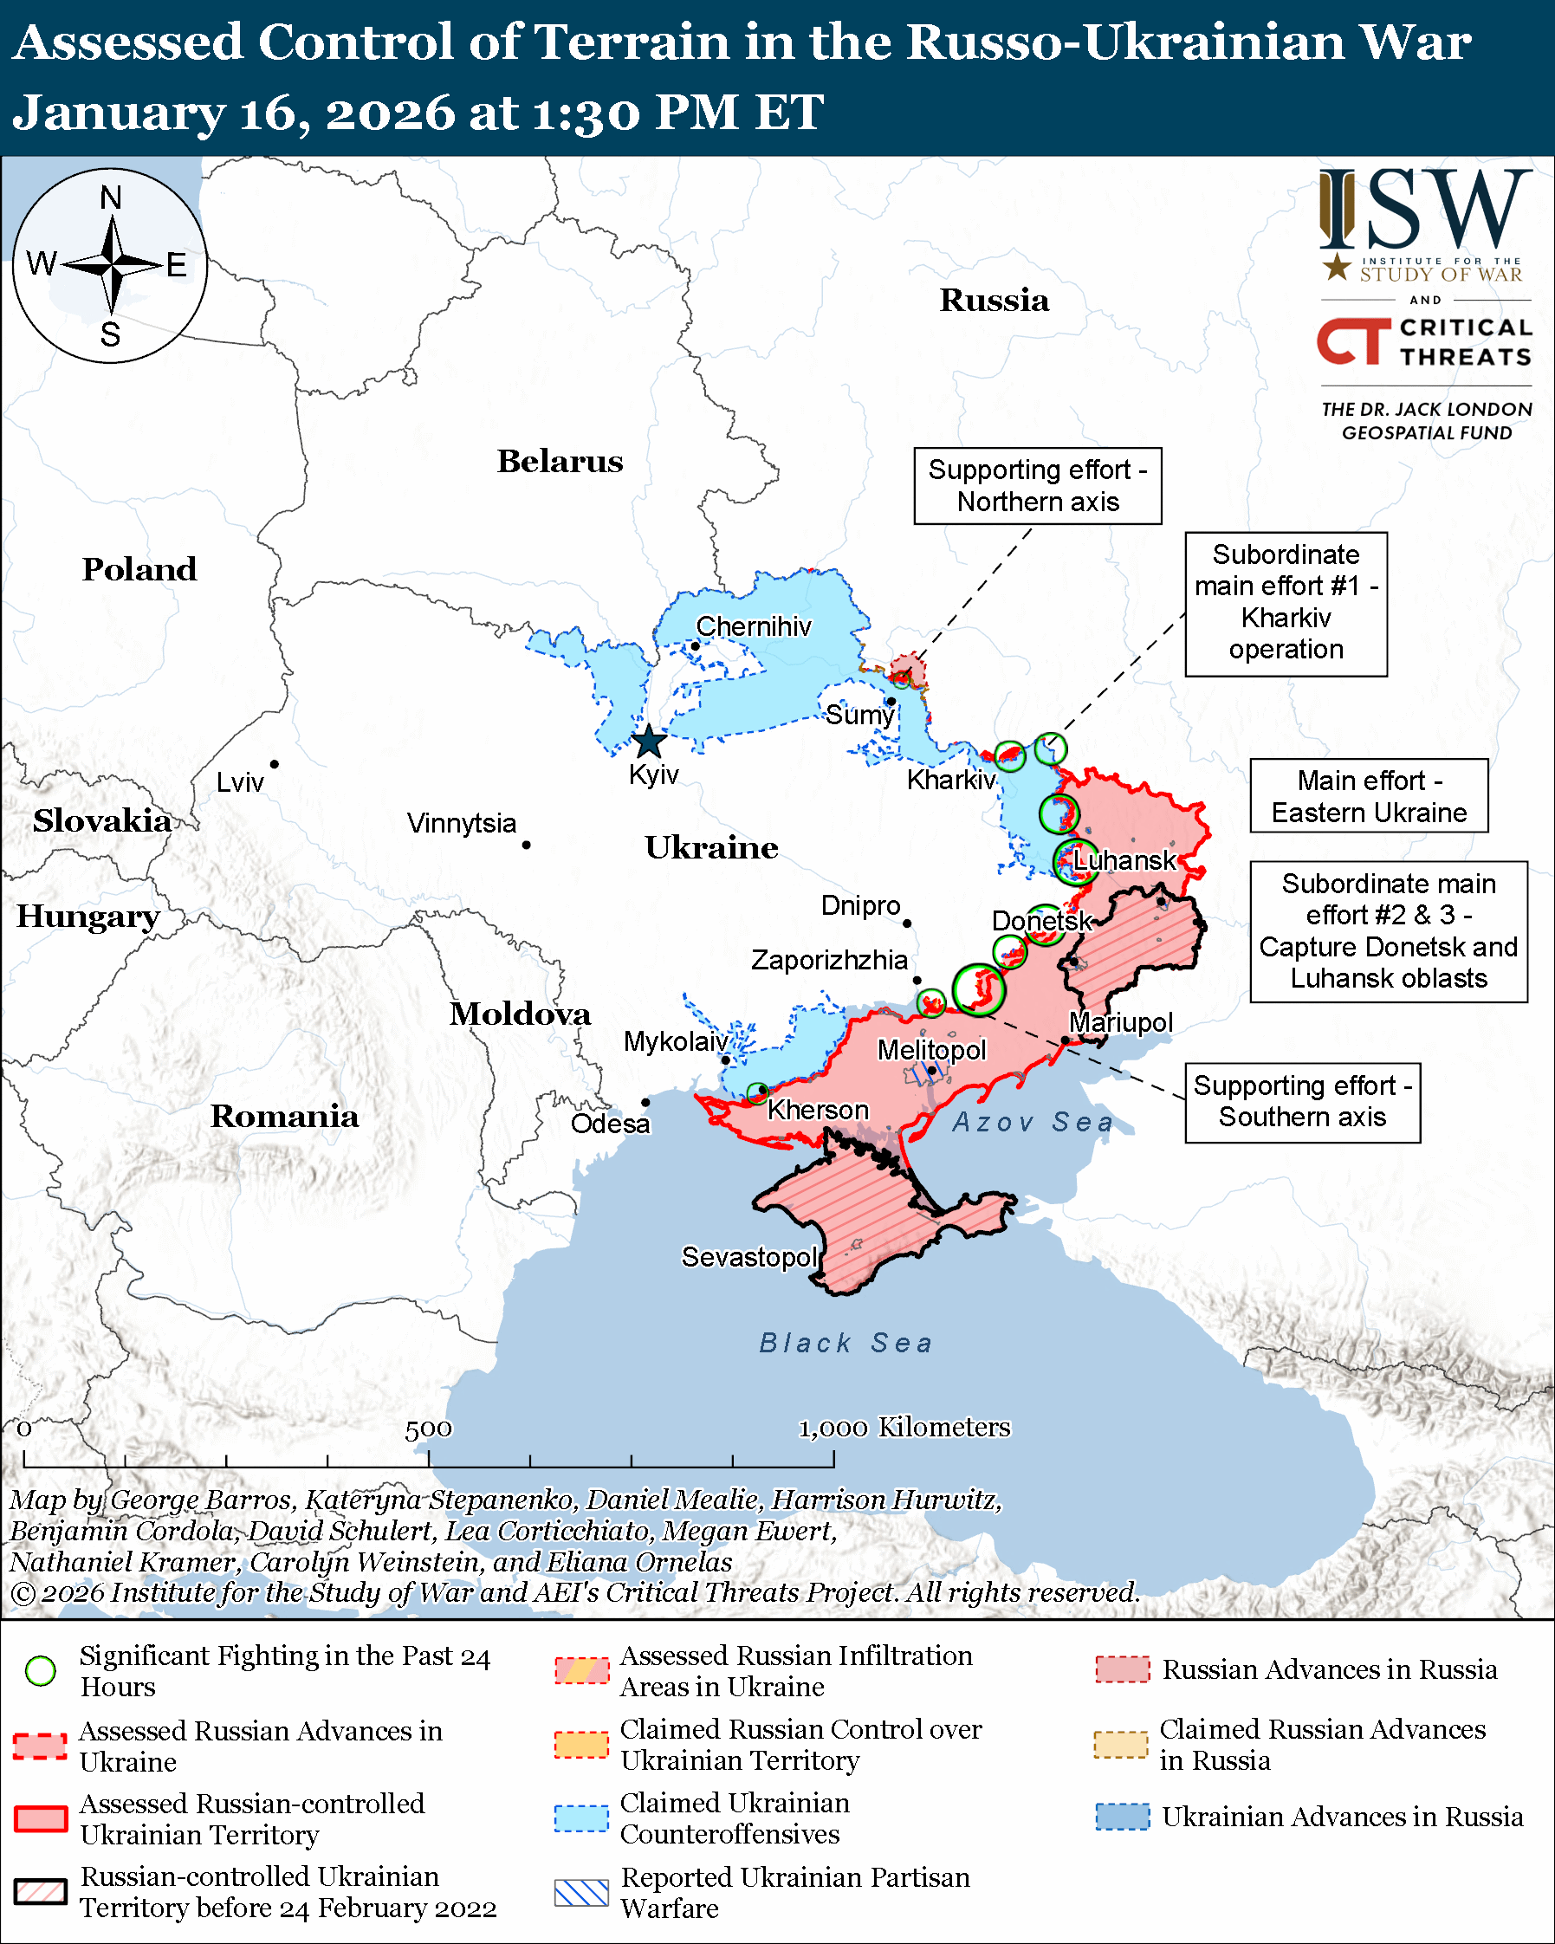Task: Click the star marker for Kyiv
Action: point(648,743)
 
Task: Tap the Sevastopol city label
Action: point(748,1257)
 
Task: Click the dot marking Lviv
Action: point(274,765)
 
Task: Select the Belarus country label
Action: point(560,462)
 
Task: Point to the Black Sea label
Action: point(846,1344)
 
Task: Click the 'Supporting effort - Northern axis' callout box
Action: point(1038,486)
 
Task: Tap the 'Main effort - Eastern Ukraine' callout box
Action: point(1369,796)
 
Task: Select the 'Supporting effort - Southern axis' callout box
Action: point(1302,1102)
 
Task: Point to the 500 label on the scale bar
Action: point(428,1429)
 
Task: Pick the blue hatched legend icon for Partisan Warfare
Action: point(581,1893)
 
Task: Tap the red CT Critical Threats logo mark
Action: point(1353,340)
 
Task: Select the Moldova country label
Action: point(520,1014)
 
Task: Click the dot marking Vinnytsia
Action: point(527,845)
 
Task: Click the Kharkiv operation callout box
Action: point(1286,603)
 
